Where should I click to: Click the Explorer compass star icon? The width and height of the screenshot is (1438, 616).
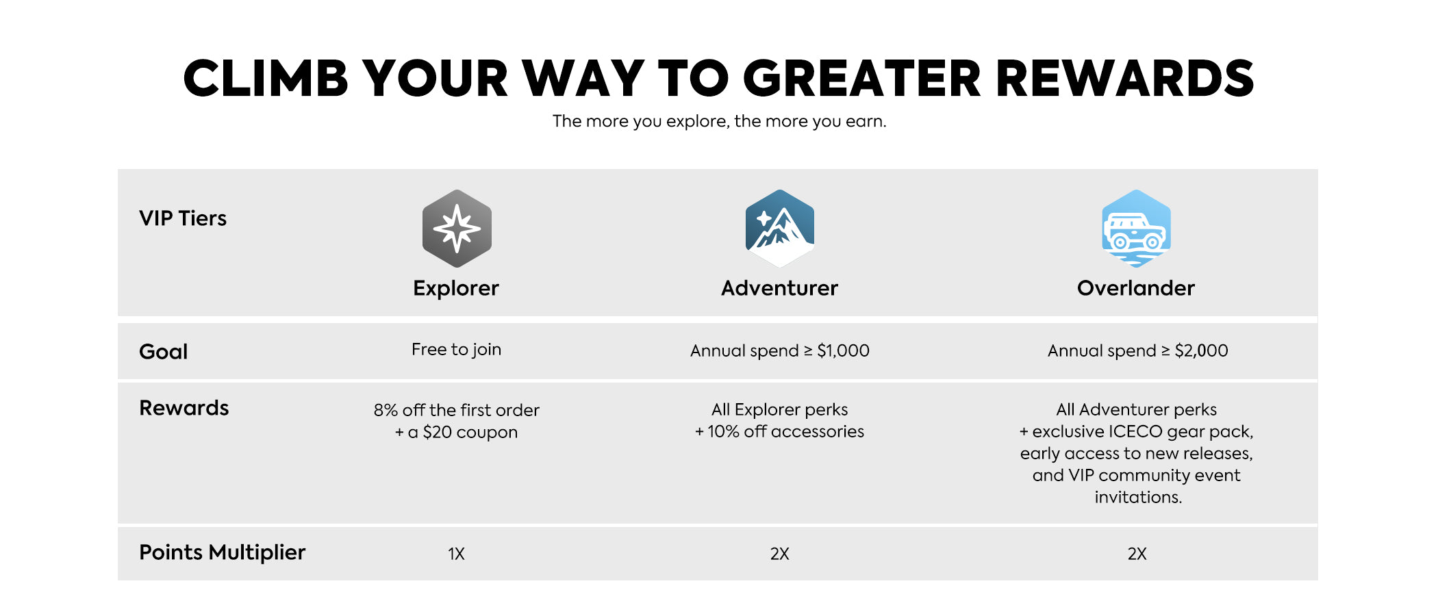(x=457, y=229)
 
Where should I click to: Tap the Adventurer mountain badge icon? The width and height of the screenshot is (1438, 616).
(x=780, y=229)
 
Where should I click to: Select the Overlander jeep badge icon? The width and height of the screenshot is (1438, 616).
(x=1137, y=229)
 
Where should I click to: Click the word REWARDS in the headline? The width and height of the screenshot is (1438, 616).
(x=1125, y=78)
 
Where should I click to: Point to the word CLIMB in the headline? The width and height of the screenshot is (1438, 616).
(x=266, y=78)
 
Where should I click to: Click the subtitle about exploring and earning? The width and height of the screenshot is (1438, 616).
(x=719, y=121)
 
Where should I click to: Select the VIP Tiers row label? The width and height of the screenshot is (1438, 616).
(x=183, y=218)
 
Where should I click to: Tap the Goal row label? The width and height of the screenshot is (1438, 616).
(x=164, y=351)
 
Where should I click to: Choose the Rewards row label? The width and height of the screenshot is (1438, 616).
(x=184, y=408)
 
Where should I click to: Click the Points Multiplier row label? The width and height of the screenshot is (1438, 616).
(x=223, y=552)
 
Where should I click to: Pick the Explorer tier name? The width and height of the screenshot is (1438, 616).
(x=456, y=288)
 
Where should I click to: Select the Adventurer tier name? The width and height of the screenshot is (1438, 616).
(x=780, y=288)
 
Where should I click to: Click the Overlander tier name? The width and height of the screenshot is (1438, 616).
(x=1136, y=288)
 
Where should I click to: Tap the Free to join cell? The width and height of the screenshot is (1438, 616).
(x=457, y=350)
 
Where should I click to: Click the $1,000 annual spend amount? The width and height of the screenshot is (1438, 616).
(x=843, y=350)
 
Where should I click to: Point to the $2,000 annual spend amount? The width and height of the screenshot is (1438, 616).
(x=1202, y=350)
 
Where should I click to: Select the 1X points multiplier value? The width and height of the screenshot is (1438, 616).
(x=457, y=554)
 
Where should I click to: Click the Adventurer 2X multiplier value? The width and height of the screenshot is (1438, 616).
(x=780, y=554)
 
